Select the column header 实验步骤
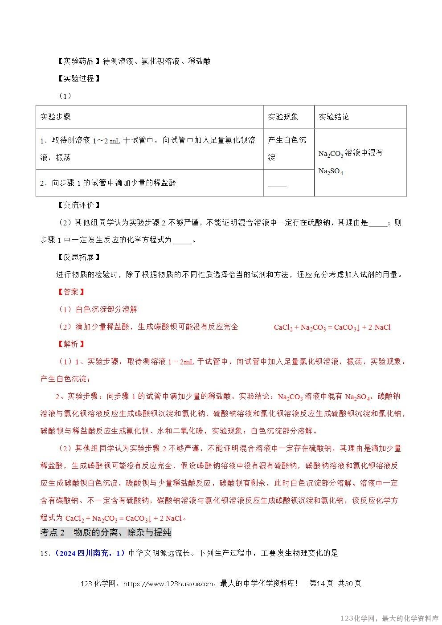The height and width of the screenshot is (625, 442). coord(55,117)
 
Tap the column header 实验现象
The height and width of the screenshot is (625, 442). coord(283,117)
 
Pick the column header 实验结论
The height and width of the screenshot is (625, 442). coord(334,117)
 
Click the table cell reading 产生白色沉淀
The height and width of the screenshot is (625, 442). coord(287,148)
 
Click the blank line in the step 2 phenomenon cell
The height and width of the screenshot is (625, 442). coord(277,186)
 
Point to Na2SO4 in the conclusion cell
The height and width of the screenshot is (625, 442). coord(331,172)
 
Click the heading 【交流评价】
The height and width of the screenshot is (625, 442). coord(79,205)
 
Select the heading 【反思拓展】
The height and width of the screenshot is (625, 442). coord(79,257)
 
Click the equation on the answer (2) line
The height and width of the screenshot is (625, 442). coord(332,327)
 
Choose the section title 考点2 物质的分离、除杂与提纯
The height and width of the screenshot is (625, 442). coord(106,532)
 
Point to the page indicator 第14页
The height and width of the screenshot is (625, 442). coord(321,584)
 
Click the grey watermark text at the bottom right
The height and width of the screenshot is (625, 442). coord(389,618)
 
